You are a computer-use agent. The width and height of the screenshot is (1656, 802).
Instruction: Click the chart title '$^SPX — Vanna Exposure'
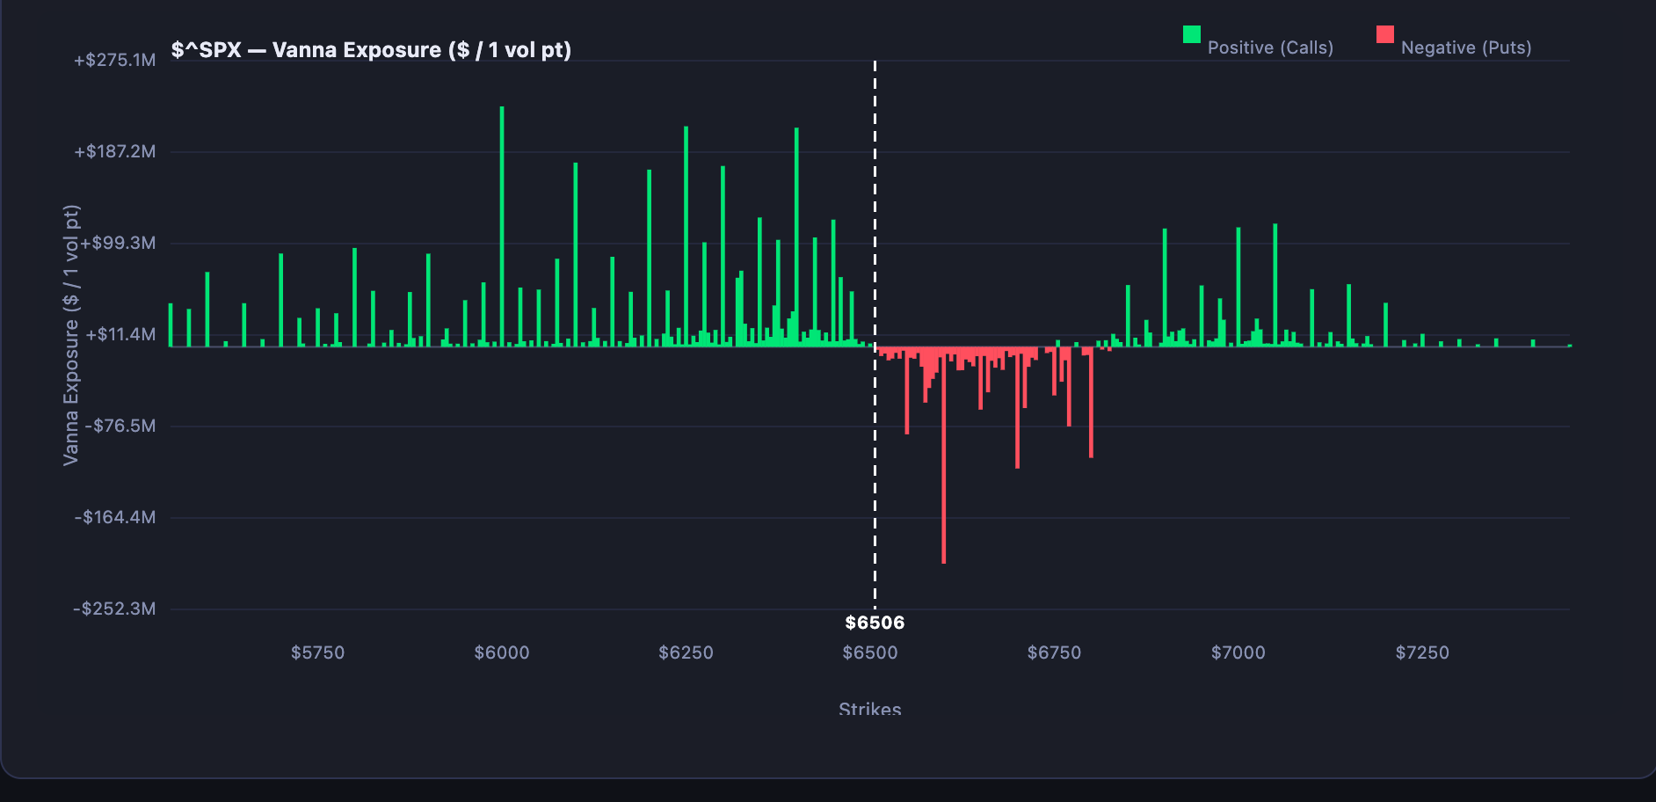coord(371,50)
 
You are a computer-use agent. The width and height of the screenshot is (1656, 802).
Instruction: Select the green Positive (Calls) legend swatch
coord(1191,34)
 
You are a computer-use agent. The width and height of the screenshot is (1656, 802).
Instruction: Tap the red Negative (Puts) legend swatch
coord(1384,34)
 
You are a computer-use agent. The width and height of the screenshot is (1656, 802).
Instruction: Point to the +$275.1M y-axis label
coord(115,61)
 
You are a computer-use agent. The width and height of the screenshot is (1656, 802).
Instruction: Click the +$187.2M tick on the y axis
coord(115,152)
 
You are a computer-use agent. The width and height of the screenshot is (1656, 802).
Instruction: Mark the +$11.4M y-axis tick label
coord(120,334)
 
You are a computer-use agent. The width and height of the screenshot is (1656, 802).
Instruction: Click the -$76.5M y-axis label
coord(120,426)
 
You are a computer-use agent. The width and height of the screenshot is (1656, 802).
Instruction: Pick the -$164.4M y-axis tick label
coord(115,517)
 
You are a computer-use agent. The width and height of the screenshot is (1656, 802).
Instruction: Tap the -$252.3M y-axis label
coord(115,609)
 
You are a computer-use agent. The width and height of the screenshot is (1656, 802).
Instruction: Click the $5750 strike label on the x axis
coord(317,653)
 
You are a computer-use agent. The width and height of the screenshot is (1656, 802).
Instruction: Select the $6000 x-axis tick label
coord(502,653)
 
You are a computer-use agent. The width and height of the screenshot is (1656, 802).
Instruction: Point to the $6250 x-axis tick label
coord(686,653)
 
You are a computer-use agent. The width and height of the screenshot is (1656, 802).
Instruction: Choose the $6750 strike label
coord(1054,653)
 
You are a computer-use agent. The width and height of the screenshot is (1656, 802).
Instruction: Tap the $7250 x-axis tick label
coord(1422,653)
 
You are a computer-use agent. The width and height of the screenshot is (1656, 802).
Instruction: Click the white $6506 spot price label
coord(875,623)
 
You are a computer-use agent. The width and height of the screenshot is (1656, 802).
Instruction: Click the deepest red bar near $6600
coord(943,457)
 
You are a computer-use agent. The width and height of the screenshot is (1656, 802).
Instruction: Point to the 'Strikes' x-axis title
coord(869,708)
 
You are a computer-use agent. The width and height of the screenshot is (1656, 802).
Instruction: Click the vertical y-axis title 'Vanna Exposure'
coord(71,334)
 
